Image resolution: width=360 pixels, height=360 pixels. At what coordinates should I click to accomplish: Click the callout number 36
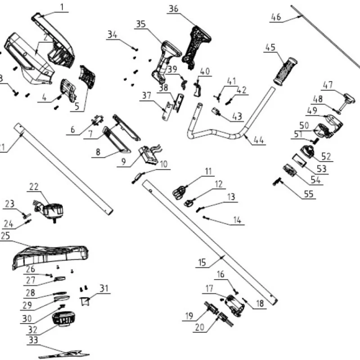(173, 9)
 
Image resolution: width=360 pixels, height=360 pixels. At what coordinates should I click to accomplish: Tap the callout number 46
(276, 18)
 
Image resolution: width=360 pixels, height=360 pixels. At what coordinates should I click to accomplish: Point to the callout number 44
(258, 140)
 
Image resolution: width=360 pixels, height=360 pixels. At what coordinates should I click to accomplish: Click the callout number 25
(5, 236)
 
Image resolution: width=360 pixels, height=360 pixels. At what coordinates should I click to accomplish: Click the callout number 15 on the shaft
(202, 261)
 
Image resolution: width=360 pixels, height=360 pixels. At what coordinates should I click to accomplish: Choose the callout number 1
(62, 7)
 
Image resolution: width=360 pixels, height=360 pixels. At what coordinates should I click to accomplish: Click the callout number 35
(141, 24)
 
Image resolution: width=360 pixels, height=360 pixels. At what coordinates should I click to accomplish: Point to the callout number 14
(237, 220)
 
